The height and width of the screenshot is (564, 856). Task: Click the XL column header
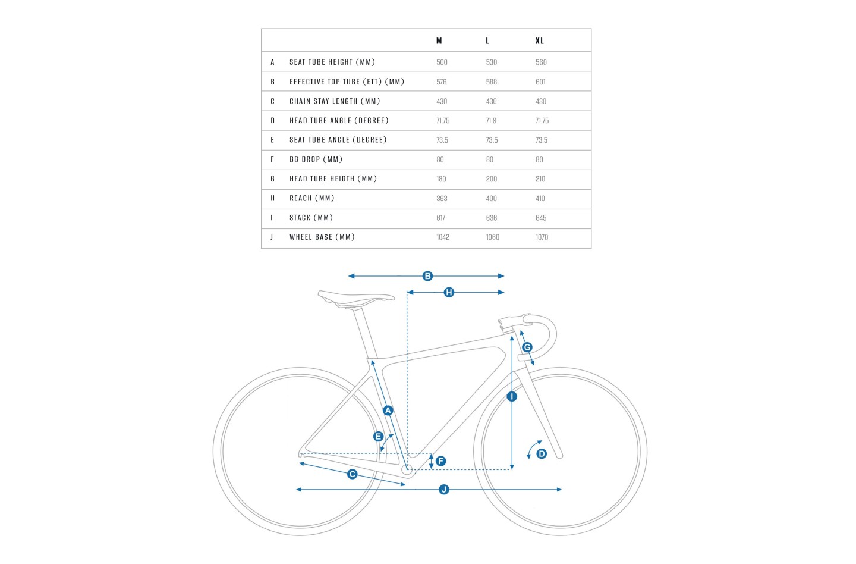pos(539,40)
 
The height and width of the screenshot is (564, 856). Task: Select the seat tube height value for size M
pos(442,62)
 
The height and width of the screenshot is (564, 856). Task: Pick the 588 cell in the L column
pos(491,82)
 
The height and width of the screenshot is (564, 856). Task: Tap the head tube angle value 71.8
pos(491,120)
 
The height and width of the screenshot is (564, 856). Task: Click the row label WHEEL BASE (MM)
pos(322,237)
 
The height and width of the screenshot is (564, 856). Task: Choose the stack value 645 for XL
pos(541,218)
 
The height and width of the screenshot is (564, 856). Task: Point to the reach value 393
pos(442,198)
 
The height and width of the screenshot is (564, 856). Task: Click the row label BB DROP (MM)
pos(316,159)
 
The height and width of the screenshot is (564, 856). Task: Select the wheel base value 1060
pos(492,237)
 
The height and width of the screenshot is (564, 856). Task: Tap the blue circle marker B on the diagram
pos(427,276)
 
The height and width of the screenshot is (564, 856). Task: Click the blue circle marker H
pos(449,292)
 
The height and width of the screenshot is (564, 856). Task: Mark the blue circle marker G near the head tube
pos(527,347)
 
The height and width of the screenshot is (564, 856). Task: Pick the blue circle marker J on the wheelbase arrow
pos(443,489)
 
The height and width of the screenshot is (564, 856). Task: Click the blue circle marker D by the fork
pos(541,453)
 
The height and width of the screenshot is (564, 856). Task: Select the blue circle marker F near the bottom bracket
pos(440,461)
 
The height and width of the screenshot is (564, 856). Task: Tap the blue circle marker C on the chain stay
pos(352,474)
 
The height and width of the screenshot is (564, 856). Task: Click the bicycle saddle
pos(355,297)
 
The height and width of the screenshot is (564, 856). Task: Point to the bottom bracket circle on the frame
pos(407,469)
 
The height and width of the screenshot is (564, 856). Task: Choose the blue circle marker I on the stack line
pos(512,396)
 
